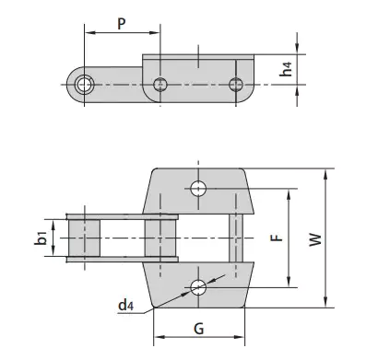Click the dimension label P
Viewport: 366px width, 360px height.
point(122,23)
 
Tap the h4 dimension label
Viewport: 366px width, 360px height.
point(313,68)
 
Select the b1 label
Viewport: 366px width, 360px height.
point(41,238)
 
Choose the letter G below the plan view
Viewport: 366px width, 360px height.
point(198,329)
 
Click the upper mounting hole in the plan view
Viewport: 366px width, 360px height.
point(197,189)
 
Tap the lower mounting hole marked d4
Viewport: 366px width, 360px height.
point(197,286)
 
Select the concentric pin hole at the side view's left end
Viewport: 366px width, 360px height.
point(86,85)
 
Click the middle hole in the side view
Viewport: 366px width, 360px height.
point(160,85)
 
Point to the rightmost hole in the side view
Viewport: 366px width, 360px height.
point(235,85)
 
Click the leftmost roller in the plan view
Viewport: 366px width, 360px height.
point(86,238)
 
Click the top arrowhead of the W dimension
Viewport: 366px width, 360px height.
point(327,173)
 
